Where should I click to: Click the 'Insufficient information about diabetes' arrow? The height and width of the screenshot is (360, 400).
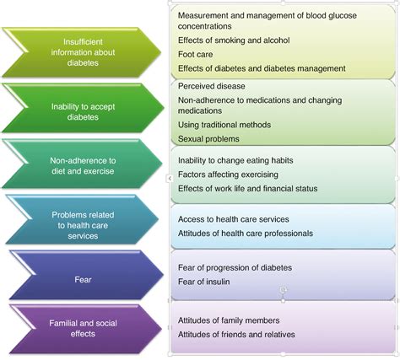[83, 52]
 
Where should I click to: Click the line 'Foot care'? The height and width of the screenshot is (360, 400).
[195, 54]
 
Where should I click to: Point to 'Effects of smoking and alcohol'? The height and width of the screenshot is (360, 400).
[234, 40]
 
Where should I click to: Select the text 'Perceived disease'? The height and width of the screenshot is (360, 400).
[211, 86]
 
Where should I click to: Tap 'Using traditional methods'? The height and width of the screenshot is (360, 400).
[224, 125]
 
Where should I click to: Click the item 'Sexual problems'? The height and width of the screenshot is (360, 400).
[208, 138]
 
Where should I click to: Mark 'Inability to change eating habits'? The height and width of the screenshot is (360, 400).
[235, 160]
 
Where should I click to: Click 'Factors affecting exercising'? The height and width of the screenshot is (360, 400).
[228, 175]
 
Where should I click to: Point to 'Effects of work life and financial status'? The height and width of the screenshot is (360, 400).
[247, 188]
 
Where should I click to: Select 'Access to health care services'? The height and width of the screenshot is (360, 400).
[234, 219]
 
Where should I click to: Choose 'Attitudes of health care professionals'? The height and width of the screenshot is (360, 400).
[246, 234]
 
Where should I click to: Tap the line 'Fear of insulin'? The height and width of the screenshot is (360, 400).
[203, 282]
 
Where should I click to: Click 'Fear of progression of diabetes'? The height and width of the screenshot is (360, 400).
[235, 267]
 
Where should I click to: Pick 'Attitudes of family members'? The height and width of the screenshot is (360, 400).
[229, 320]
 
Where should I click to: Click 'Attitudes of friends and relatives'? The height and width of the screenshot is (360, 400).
[236, 335]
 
